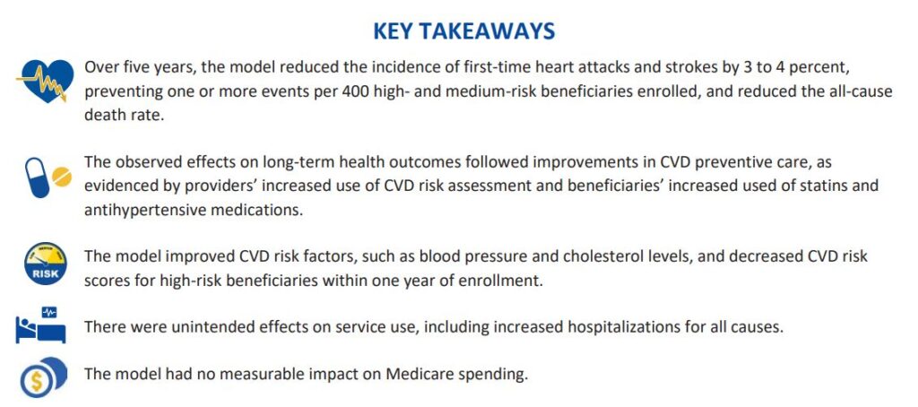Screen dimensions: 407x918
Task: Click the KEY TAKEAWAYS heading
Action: [463, 31]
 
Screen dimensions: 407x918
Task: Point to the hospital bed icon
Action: [41, 327]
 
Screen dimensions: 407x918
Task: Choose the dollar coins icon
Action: [41, 376]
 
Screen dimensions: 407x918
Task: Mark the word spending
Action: [495, 373]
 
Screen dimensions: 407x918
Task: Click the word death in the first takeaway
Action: [103, 115]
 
